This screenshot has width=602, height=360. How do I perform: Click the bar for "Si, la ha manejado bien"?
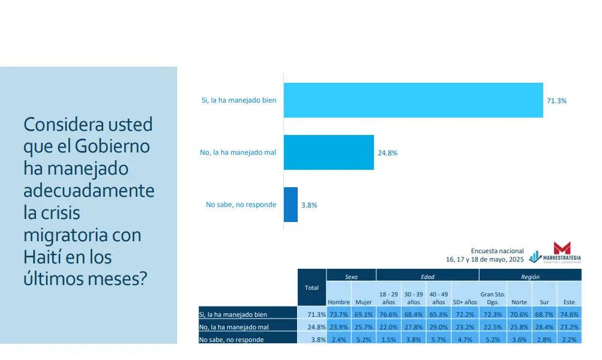tap(413, 100)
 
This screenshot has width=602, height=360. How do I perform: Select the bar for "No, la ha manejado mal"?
tap(328, 152)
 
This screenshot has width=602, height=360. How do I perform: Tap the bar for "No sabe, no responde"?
tap(290, 205)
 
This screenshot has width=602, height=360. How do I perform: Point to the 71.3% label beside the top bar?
tap(556, 101)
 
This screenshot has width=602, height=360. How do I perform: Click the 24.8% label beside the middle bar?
tap(387, 153)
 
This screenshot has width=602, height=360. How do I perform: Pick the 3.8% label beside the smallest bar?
tap(309, 205)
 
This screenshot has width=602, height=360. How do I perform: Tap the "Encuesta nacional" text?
tap(497, 251)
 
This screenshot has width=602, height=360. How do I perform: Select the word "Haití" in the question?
tap(43, 257)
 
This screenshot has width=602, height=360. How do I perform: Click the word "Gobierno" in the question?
tap(112, 146)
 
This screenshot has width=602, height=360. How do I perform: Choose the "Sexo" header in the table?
tap(351, 277)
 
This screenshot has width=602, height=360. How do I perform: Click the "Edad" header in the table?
tap(427, 277)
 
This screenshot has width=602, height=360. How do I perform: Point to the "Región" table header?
tap(530, 277)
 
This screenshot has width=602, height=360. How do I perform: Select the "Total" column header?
tap(312, 288)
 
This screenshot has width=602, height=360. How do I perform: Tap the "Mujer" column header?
tap(363, 302)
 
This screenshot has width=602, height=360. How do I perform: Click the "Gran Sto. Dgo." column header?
tap(492, 298)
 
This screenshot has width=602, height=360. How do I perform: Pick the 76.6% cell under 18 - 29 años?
tap(388, 314)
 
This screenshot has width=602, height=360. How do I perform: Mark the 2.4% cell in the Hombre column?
tap(339, 340)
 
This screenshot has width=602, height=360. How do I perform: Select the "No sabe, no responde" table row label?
tap(231, 340)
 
